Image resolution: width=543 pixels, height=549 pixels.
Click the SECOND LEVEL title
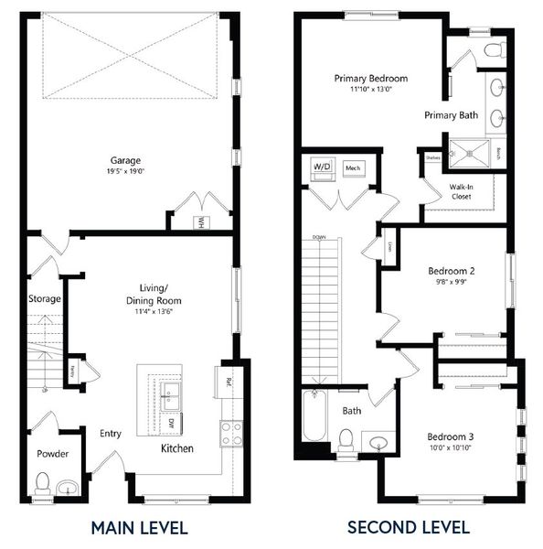coord(408,527)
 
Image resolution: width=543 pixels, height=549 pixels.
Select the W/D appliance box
coord(323,168)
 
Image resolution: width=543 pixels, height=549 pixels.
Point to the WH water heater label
coord(200,221)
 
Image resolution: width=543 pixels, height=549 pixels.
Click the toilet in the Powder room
coord(42,483)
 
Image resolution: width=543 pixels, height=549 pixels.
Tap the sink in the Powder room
coord(69,487)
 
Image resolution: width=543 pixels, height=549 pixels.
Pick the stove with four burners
coord(230,433)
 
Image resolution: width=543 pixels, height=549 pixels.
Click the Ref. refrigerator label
coord(228,380)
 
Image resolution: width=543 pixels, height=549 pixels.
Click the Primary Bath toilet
coord(494,49)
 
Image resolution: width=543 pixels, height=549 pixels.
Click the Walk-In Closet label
coord(461,191)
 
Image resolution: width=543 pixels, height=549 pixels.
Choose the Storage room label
coord(44,299)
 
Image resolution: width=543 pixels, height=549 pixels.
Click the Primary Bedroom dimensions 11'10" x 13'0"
coord(370,90)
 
